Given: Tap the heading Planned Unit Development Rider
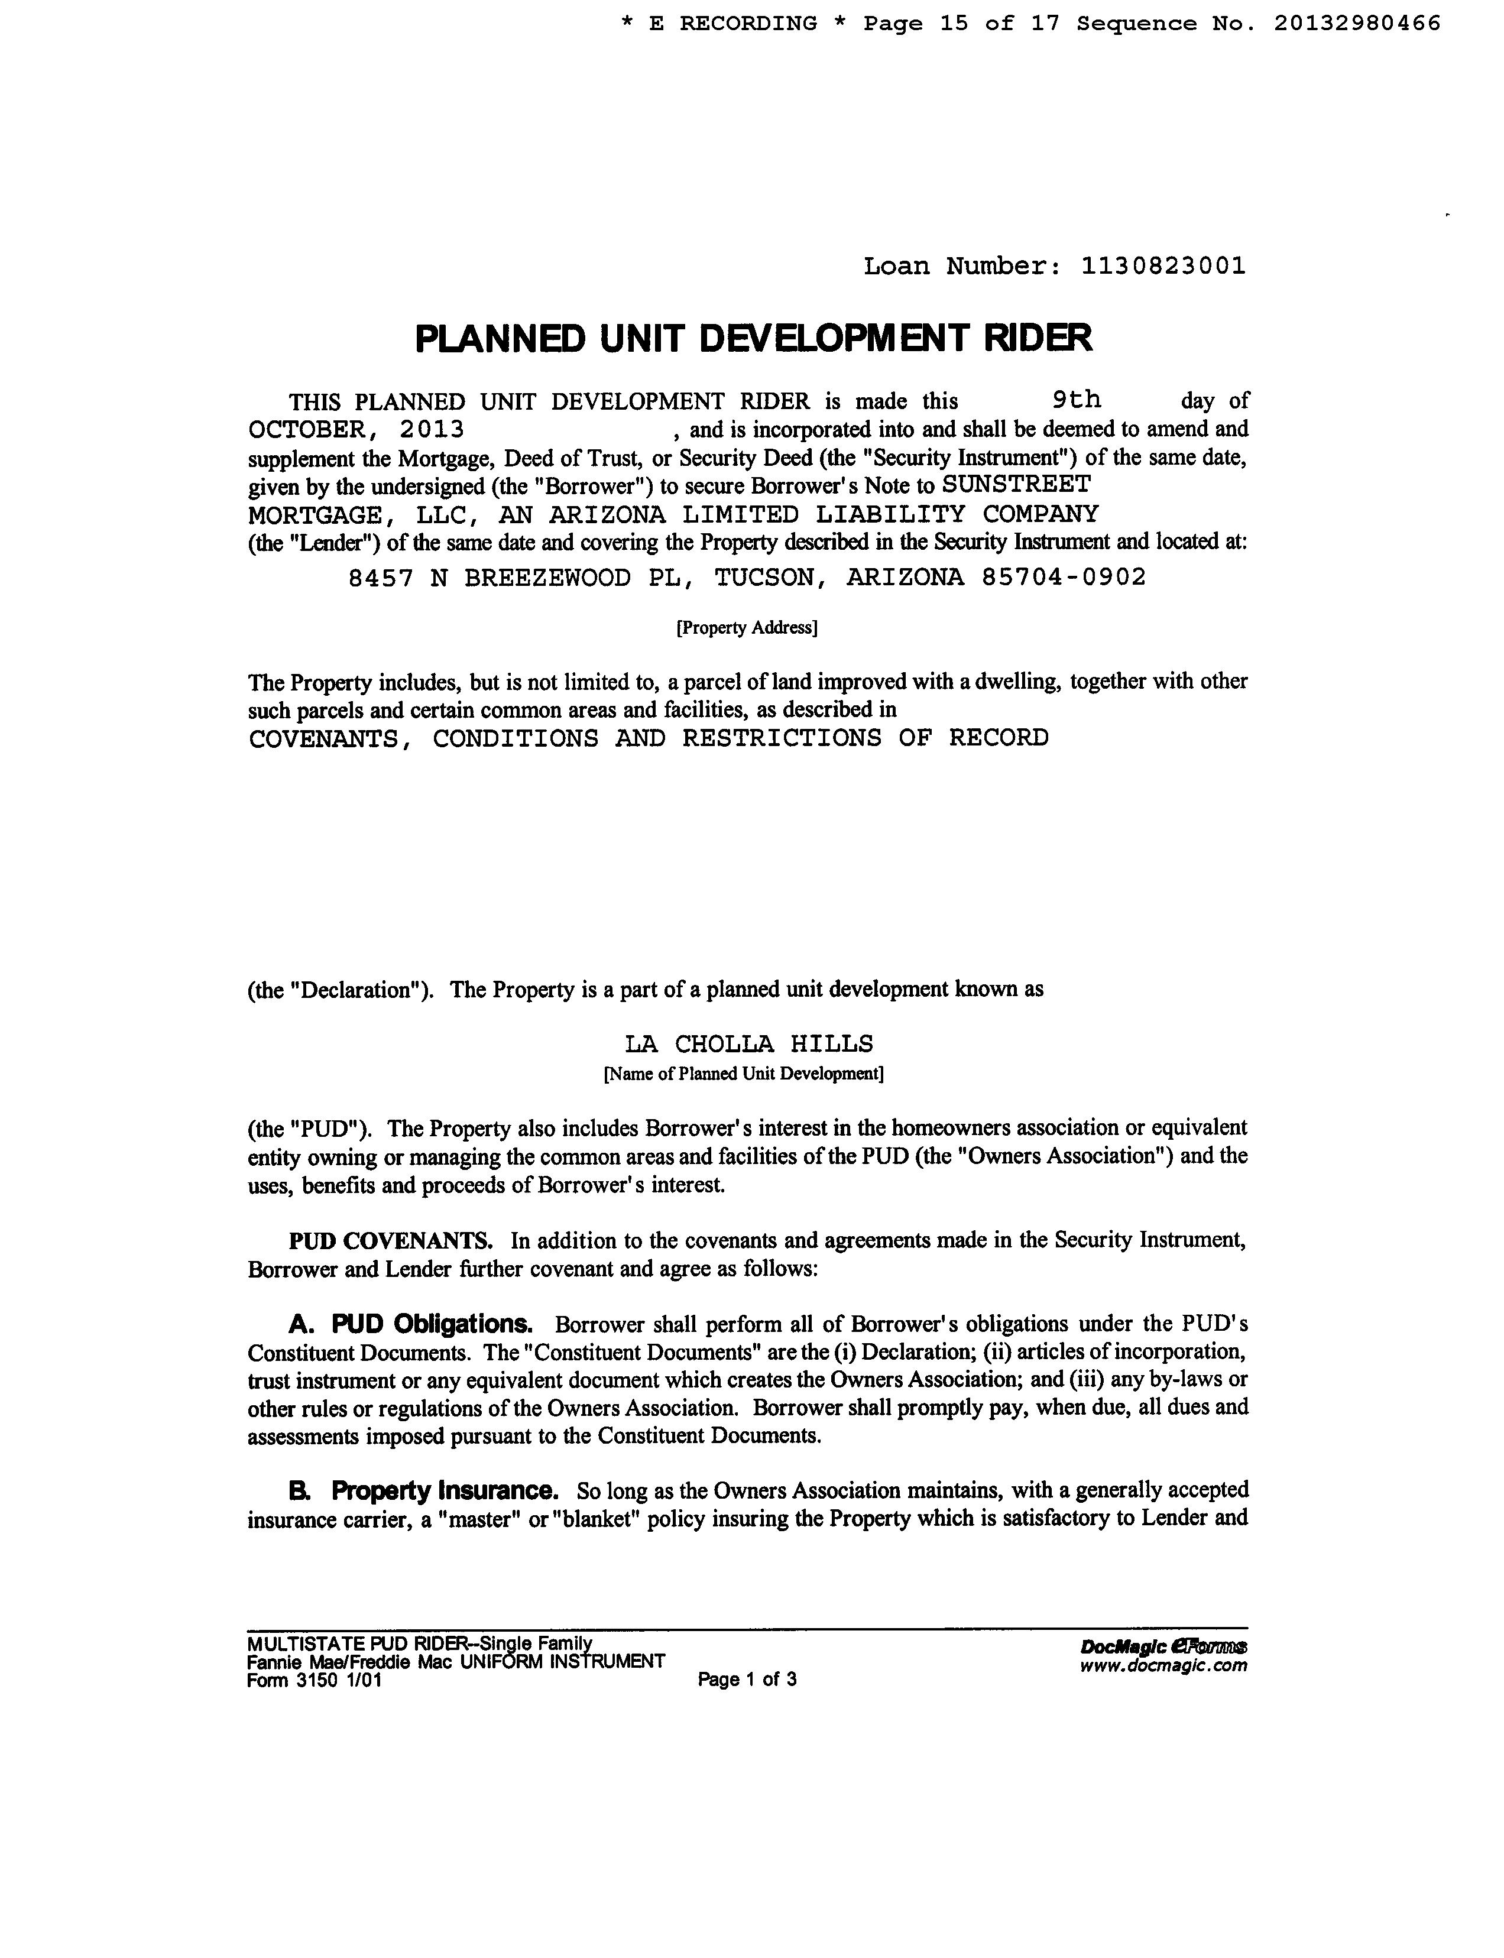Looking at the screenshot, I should point(753,338).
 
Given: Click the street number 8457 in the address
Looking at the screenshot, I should point(381,578).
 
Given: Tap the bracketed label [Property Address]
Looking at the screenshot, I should point(747,628).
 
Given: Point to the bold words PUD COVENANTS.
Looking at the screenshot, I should point(390,1241).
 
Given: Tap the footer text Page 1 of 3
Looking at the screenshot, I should point(747,1680).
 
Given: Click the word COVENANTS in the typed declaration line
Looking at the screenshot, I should point(322,738).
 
